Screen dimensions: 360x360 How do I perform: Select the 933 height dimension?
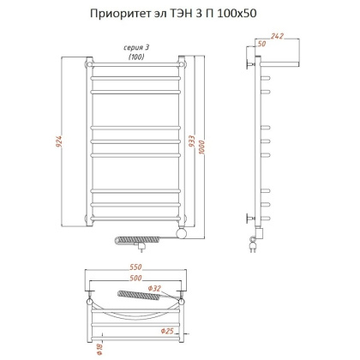tap(194, 147)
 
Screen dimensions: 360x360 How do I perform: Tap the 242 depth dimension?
tap(277, 35)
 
